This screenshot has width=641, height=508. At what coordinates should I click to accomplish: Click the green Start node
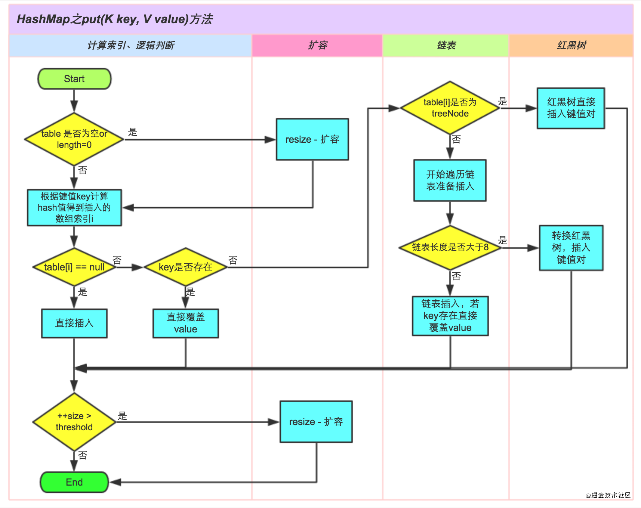(74, 79)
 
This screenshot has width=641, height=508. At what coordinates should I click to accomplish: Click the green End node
(74, 482)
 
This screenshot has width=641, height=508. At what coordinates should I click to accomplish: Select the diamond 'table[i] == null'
(74, 267)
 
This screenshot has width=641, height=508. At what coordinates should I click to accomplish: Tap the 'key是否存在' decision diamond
(185, 267)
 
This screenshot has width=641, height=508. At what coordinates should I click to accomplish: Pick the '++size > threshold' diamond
(74, 422)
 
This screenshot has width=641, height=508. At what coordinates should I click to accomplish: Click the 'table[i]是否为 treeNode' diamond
(450, 108)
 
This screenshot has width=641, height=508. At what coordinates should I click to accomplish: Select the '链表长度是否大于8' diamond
(450, 247)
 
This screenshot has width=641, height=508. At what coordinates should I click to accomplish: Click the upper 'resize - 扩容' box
(312, 139)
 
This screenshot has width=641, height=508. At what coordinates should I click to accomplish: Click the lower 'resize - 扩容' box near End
(316, 422)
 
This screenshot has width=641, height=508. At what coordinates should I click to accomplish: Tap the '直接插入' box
(74, 323)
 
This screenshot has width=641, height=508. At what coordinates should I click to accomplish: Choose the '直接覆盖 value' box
(185, 323)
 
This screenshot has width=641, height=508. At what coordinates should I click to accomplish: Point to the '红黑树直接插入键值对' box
(571, 108)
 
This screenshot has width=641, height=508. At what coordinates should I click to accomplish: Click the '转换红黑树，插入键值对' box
(571, 248)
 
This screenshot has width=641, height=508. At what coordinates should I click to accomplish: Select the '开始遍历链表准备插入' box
(450, 180)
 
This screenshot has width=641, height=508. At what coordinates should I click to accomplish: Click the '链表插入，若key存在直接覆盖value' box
(450, 316)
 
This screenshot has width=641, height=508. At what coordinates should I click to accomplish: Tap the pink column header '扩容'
(317, 46)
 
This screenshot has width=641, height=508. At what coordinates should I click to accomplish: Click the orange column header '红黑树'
(571, 46)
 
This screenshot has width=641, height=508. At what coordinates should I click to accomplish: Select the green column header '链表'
(446, 46)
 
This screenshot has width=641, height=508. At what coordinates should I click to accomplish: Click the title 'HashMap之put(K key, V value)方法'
(115, 19)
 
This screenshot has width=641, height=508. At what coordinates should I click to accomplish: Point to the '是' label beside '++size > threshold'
(122, 416)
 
